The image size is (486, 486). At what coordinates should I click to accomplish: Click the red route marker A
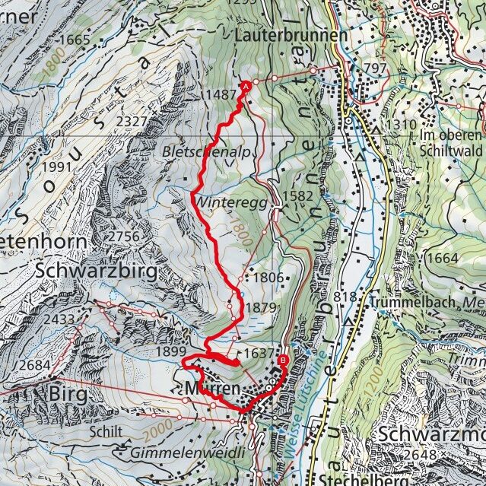246,87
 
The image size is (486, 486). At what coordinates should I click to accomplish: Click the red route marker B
283,361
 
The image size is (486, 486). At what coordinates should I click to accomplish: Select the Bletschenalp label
205,152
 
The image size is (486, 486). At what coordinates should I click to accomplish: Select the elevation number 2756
119,237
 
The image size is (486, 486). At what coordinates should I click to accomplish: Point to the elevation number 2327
132,121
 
